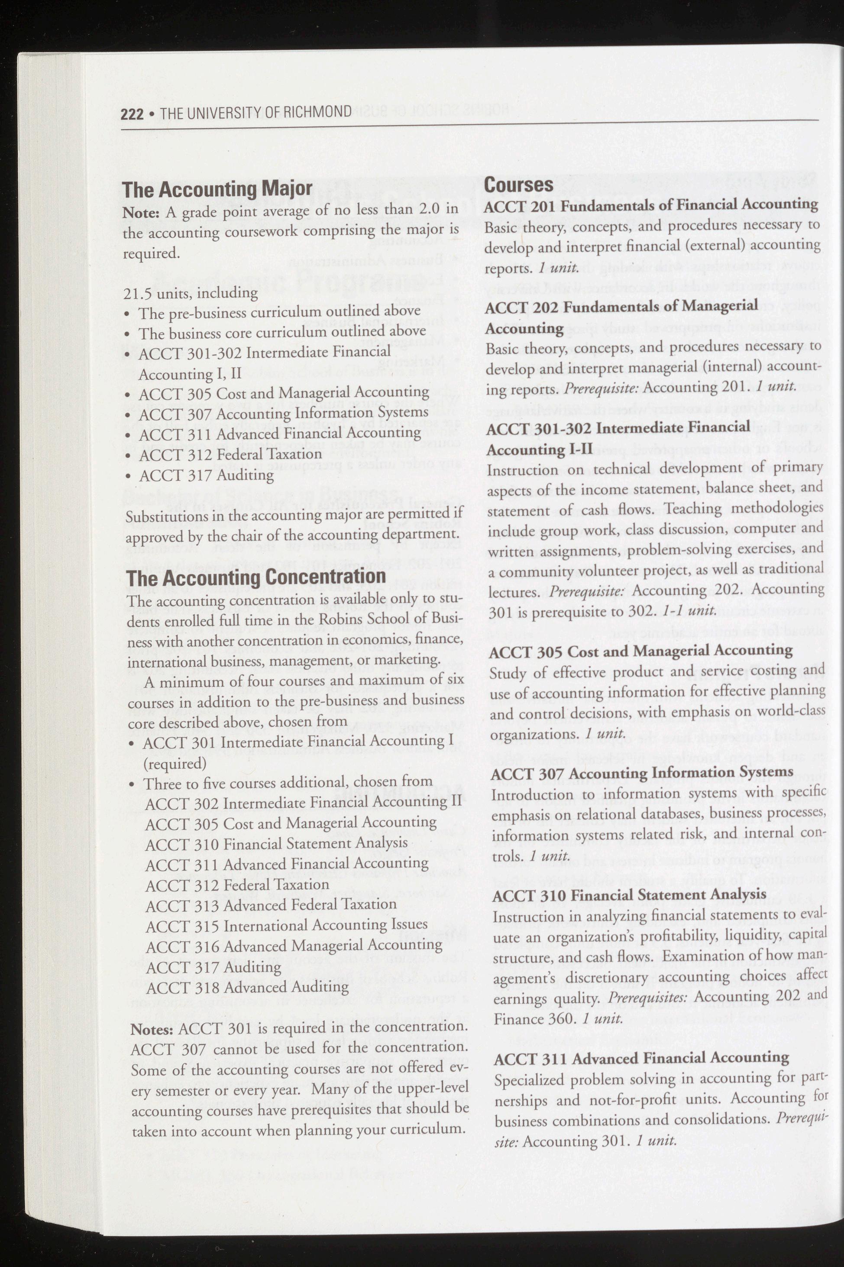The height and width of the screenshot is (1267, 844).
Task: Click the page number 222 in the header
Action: pos(132,113)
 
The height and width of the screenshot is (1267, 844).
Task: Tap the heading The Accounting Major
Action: pos(217,190)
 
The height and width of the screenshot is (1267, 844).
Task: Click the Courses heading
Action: pos(518,185)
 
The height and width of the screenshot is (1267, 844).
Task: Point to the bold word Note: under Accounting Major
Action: pos(141,213)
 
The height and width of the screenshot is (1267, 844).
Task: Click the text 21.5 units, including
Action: pos(191,293)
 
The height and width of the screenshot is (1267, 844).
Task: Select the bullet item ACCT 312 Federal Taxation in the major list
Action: pos(230,454)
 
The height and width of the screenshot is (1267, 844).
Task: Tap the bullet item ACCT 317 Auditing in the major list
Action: pos(206,475)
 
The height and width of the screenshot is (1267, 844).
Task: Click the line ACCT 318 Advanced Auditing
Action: pos(247,987)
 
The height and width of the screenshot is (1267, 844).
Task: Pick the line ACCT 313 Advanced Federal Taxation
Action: pos(271,904)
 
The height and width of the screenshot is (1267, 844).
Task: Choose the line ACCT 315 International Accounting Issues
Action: pos(286,925)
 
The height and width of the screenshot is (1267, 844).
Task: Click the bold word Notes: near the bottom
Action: pos(152,1030)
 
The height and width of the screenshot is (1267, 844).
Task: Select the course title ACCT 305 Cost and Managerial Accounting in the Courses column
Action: pos(640,651)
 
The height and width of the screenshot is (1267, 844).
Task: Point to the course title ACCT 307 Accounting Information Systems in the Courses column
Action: pos(642,773)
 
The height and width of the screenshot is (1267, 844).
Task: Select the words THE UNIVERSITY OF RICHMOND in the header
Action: pos(255,113)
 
